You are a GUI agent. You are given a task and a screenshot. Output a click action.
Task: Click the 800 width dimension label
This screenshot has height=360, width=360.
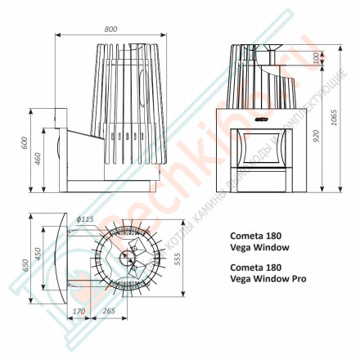[x=110, y=29]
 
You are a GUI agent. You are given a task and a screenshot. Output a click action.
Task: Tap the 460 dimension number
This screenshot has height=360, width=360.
[x=38, y=158]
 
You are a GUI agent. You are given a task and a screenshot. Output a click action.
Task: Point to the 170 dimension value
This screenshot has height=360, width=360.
[x=79, y=311]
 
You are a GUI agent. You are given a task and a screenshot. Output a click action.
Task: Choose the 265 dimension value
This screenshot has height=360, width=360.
[x=108, y=311]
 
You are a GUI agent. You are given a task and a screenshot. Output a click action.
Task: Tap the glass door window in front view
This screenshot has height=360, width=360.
[x=261, y=149]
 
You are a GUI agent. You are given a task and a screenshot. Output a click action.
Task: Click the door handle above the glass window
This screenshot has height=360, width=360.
[x=261, y=123]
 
